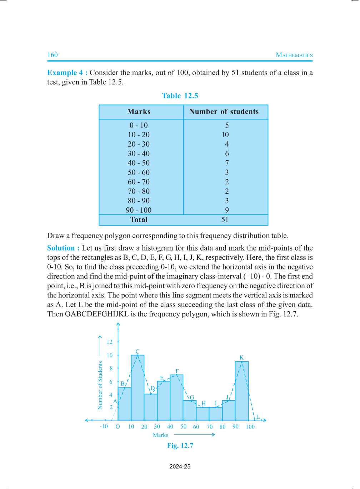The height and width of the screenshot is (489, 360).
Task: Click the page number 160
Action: click(52, 55)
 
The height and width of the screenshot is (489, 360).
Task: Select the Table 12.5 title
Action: click(180, 96)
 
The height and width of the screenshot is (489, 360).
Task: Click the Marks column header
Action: click(139, 112)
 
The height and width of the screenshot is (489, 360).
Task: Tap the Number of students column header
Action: click(224, 112)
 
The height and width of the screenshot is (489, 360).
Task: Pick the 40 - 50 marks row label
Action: click(139, 163)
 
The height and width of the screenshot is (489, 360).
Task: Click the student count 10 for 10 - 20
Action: click(225, 135)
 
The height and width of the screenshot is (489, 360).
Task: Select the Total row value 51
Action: click(225, 220)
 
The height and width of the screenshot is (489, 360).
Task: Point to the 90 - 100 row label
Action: click(139, 210)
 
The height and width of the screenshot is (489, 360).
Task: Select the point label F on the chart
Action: click(177, 371)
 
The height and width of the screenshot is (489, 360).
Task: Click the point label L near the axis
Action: click(258, 417)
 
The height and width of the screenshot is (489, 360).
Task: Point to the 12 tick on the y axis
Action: click(110, 342)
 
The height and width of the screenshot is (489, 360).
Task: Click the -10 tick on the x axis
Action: click(104, 426)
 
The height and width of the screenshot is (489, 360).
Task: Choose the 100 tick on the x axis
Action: click(250, 427)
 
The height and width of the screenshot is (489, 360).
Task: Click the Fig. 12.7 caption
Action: click(180, 446)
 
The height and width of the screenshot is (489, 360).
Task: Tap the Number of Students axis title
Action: click(100, 385)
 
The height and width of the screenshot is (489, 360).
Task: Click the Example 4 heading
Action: click(67, 73)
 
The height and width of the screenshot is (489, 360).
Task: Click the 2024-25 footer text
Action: click(180, 466)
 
